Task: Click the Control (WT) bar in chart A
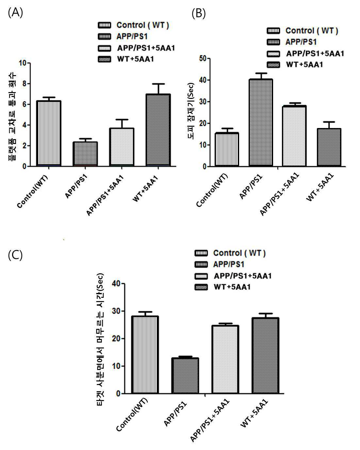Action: click(49, 134)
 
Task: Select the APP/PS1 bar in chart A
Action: click(85, 154)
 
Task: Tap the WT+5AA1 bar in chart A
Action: click(158, 130)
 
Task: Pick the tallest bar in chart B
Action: click(261, 123)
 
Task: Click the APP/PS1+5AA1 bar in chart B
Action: click(294, 136)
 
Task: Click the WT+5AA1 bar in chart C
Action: click(266, 356)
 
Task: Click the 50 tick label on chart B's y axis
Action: click(203, 58)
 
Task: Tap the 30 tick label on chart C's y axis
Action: click(116, 311)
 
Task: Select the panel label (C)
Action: click(15, 255)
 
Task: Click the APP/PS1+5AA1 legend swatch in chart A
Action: click(104, 48)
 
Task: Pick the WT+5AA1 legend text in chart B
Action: click(304, 65)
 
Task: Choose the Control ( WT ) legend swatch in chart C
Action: click(201, 253)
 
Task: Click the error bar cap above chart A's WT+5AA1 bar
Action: click(158, 84)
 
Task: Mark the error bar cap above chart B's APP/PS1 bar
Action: click(261, 73)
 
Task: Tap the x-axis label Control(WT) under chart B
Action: click(212, 190)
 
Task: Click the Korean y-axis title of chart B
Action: click(191, 111)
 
